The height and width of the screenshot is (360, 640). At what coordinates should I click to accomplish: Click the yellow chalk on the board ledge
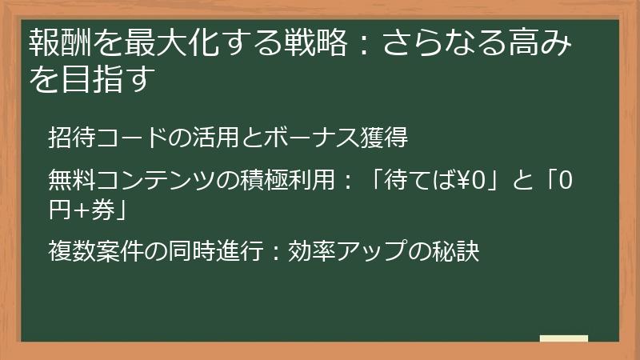coord(563,338)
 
